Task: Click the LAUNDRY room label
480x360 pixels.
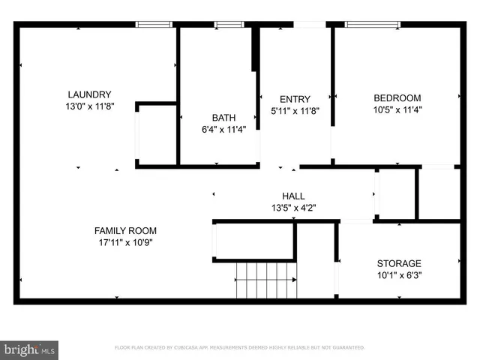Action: pos(89,95)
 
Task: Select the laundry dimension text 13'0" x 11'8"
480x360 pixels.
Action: pos(89,106)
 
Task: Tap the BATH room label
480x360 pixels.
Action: pos(223,118)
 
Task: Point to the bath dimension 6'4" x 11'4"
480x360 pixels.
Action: pos(223,129)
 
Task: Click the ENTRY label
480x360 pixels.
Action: pos(294,99)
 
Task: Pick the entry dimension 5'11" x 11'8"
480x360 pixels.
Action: pos(294,110)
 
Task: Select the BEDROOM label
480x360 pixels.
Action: pos(397,98)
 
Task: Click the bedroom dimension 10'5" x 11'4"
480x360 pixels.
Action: pos(397,109)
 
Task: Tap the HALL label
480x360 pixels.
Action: pos(293,196)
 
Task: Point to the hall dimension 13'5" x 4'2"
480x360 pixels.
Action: pos(293,208)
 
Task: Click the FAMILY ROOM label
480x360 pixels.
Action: pos(125,231)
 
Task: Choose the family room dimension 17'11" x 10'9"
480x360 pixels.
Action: pos(125,242)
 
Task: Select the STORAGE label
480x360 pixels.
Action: pos(398,263)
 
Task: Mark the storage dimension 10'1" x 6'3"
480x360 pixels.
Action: pos(398,274)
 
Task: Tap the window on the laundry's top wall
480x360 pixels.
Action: pos(154,25)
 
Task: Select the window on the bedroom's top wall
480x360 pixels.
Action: pos(372,25)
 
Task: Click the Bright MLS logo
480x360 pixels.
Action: pos(30,349)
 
